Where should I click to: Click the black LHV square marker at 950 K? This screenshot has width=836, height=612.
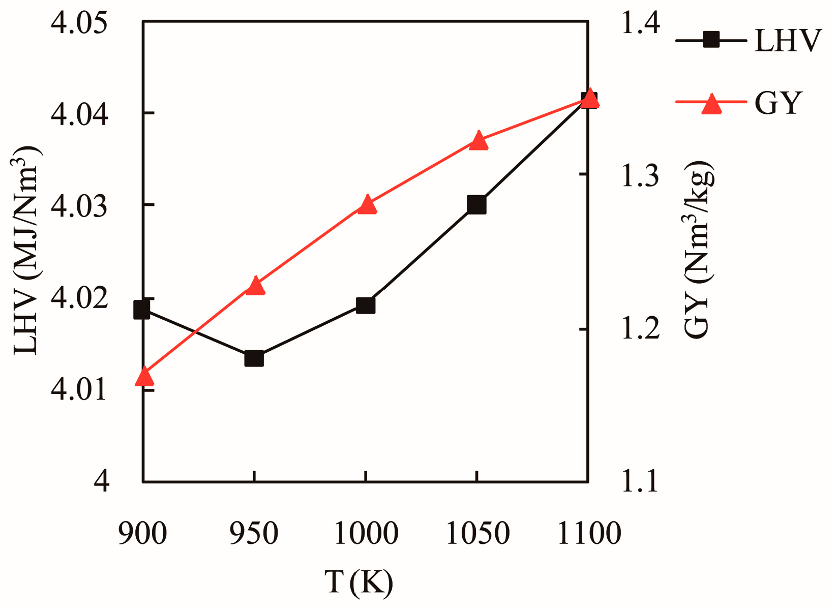(x=254, y=358)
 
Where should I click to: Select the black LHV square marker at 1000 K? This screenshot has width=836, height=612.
(x=365, y=305)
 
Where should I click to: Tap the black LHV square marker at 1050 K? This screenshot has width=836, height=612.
(x=476, y=205)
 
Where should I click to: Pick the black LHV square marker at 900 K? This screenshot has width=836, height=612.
(x=142, y=309)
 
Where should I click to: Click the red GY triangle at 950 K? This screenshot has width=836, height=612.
(x=255, y=287)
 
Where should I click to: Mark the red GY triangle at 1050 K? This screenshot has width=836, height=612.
(x=478, y=141)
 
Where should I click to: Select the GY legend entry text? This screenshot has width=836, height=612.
(x=778, y=103)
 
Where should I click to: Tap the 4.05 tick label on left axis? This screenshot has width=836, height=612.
(x=80, y=23)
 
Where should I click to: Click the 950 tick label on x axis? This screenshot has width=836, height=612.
(x=254, y=534)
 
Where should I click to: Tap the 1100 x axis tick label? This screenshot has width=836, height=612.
(x=589, y=534)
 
